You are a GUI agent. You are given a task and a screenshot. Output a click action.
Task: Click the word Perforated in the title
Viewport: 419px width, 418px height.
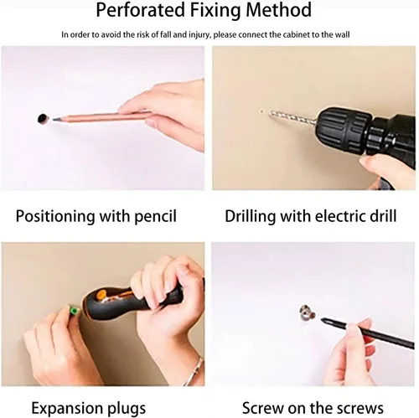click(140, 10)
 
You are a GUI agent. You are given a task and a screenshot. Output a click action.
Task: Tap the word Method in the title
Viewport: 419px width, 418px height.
click(278, 10)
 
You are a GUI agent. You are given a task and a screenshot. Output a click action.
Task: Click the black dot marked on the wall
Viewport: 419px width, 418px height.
click(43, 119)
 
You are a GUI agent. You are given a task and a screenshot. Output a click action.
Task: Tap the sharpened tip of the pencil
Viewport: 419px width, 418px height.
click(53, 120)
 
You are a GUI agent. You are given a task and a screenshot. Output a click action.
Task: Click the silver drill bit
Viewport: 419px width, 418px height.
click(292, 116)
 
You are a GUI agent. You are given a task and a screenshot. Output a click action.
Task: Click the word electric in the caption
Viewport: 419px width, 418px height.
click(340, 216)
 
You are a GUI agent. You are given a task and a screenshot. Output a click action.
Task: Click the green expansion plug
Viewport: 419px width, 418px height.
click(74, 310)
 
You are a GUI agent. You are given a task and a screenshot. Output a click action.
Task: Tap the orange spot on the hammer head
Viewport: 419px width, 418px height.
click(101, 295)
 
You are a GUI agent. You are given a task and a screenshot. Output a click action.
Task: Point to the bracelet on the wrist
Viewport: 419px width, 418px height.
click(194, 370)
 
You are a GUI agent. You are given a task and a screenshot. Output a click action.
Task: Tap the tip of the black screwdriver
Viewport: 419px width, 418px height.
click(322, 319)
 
